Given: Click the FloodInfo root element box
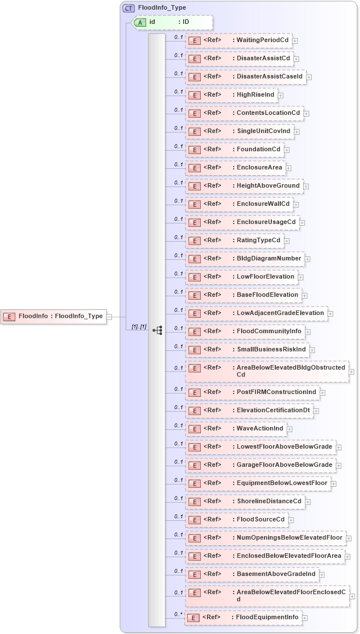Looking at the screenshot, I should click(x=53, y=316).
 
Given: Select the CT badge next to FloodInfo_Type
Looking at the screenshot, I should click(x=129, y=8).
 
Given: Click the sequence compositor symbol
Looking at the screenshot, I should click(x=158, y=329).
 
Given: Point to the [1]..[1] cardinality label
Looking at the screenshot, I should click(x=139, y=326).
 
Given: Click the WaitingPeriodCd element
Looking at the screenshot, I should click(x=238, y=40).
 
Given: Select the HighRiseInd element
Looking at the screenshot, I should click(x=231, y=95).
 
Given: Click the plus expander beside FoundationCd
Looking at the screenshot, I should click(x=287, y=150).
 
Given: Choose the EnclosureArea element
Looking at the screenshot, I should click(x=235, y=168).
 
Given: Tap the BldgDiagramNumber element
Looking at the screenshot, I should click(x=245, y=259).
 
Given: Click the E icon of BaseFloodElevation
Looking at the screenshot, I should click(x=195, y=295).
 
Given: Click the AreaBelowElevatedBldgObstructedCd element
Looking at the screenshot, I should click(x=266, y=371).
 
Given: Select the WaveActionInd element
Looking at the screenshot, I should click(x=235, y=428).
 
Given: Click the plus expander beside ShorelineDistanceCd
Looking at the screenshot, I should click(x=308, y=502).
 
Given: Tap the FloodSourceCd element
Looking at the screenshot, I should click(x=237, y=519).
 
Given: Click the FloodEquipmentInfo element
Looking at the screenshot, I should click(x=243, y=618).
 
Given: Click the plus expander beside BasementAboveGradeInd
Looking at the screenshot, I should click(x=322, y=575).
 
